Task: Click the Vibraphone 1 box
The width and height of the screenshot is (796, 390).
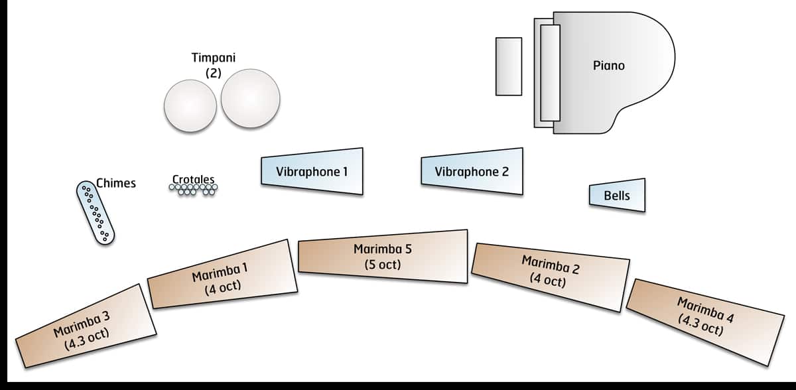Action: click(312, 171)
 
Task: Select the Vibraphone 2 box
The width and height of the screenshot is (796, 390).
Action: click(472, 171)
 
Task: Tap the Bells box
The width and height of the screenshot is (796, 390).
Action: click(617, 196)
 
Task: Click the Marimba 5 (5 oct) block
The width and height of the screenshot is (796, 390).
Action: click(383, 257)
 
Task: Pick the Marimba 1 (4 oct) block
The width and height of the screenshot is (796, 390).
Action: click(220, 274)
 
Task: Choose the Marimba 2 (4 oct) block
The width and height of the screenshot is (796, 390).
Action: click(550, 273)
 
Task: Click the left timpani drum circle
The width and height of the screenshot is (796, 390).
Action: click(191, 105)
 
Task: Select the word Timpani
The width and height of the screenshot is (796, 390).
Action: click(213, 58)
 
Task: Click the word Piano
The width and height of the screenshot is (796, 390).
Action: click(608, 66)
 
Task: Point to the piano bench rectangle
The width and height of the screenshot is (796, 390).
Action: click(509, 66)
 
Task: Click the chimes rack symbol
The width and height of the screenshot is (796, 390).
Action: click(96, 213)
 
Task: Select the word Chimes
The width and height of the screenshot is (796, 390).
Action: click(116, 183)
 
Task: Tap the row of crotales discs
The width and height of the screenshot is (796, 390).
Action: click(193, 188)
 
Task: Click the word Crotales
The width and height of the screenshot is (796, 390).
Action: click(193, 179)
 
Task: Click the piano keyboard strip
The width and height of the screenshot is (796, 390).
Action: click(550, 73)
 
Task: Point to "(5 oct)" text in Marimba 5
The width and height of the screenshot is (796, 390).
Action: click(383, 264)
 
